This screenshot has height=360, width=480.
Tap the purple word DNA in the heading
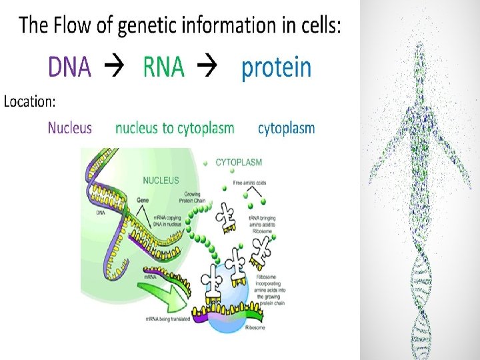(69, 67)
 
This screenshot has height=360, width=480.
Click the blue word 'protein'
(276, 67)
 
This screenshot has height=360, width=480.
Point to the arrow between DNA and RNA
(117, 67)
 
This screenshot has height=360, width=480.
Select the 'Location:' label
(30, 102)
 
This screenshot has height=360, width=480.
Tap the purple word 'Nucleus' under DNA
(70, 128)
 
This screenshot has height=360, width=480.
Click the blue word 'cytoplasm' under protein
(287, 128)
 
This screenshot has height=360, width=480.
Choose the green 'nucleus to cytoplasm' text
(175, 128)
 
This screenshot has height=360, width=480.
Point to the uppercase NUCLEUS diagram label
(161, 180)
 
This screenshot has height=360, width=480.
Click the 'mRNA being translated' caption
(168, 320)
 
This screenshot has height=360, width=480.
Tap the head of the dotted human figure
(419, 51)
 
